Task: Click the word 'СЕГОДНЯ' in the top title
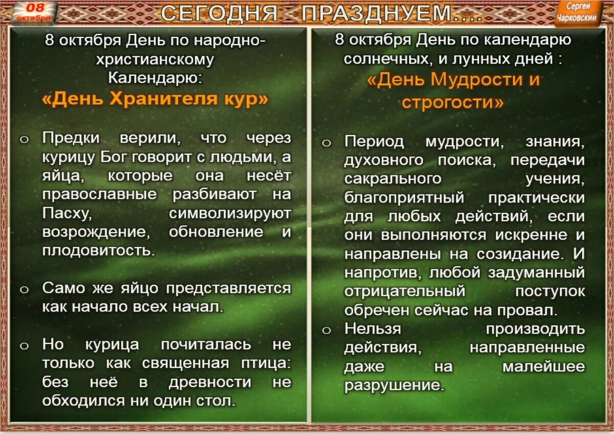pyautogui.click(x=219, y=13)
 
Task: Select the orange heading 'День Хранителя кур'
pyautogui.click(x=155, y=98)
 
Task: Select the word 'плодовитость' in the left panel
pyautogui.click(x=97, y=251)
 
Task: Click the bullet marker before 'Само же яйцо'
pyautogui.click(x=24, y=290)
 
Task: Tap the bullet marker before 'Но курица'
pyautogui.click(x=24, y=346)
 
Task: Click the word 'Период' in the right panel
pyautogui.click(x=374, y=141)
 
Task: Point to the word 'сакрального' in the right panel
pyautogui.click(x=392, y=179)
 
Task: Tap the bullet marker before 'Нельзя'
pyautogui.click(x=326, y=330)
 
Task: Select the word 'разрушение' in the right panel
pyautogui.click(x=391, y=385)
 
